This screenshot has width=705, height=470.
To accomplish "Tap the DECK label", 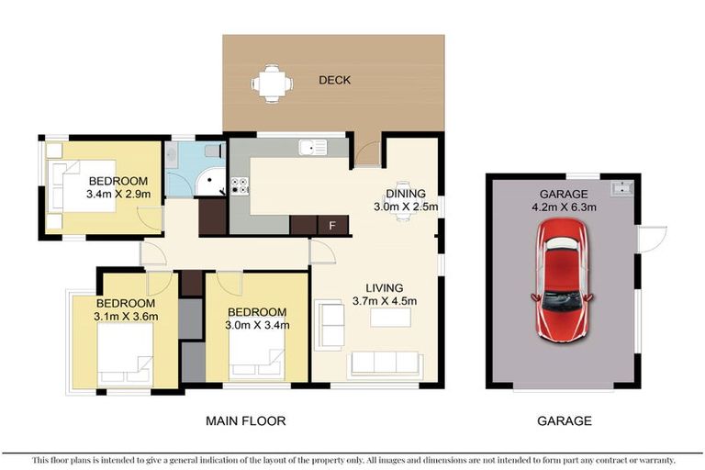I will [334, 81].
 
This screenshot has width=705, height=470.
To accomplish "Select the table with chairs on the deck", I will [273, 83].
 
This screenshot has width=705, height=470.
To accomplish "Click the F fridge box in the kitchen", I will [331, 224].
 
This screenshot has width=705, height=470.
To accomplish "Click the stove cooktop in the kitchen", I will [240, 185].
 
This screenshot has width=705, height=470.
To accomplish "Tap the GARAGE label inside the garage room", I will [564, 194].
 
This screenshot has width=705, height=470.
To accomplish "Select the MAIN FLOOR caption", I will [244, 421].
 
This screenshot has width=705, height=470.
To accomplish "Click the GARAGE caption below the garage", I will [564, 421].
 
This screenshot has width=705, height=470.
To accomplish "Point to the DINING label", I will [405, 194].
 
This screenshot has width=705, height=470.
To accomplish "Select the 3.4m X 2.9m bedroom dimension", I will [118, 195].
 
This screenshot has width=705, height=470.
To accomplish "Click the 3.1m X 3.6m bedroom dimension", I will [127, 317].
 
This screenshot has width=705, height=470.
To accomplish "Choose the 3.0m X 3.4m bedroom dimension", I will [258, 325].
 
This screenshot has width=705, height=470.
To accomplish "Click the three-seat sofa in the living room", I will [385, 364].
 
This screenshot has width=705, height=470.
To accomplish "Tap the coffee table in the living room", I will [389, 318].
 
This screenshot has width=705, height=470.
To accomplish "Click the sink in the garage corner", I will [621, 189].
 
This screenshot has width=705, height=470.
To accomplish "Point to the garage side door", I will [649, 241].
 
